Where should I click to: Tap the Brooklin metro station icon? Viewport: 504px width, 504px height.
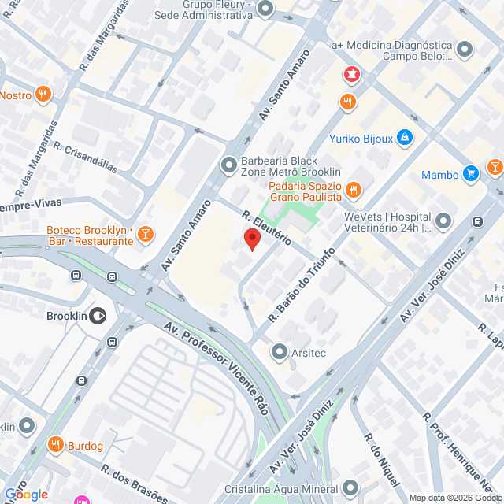[98, 316]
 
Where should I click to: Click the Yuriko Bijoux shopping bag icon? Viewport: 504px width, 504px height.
[405, 138]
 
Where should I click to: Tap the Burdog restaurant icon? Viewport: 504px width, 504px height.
[55, 446]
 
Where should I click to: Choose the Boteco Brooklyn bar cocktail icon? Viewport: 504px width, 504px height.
[146, 234]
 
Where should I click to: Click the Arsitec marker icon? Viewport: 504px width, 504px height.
[280, 351]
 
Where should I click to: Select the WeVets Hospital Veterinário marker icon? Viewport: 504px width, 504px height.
[444, 220]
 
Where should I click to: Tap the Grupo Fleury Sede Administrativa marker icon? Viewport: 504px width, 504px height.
[265, 9]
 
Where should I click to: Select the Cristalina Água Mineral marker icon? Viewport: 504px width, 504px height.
[350, 487]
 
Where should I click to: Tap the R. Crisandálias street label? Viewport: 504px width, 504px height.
[84, 156]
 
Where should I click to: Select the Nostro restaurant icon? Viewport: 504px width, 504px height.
[43, 95]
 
